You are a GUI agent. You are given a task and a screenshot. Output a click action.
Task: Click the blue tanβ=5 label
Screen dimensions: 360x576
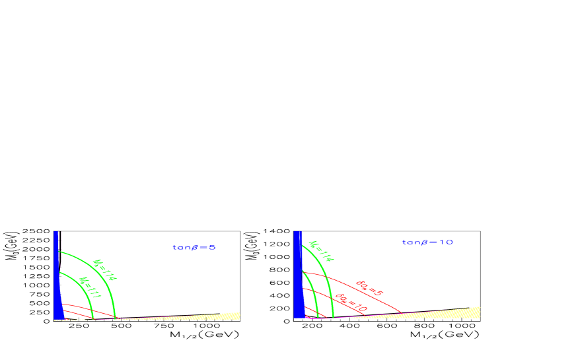pos(194,248)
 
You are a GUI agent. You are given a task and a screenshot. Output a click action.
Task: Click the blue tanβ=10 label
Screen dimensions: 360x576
pos(427,242)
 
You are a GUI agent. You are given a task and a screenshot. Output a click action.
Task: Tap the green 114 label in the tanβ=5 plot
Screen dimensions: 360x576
pos(104,270)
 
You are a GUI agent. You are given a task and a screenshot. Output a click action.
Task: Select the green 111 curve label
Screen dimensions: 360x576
pos(89,288)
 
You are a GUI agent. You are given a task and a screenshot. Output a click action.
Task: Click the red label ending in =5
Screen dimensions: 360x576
pos(369,287)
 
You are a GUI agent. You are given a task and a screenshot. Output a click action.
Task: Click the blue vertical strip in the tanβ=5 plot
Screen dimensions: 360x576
pos(57,284)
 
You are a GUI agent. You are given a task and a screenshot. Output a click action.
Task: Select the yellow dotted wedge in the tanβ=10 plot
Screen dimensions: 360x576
pos(462,312)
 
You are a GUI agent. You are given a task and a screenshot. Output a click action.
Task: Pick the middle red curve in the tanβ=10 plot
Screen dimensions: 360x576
pos(330,301)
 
